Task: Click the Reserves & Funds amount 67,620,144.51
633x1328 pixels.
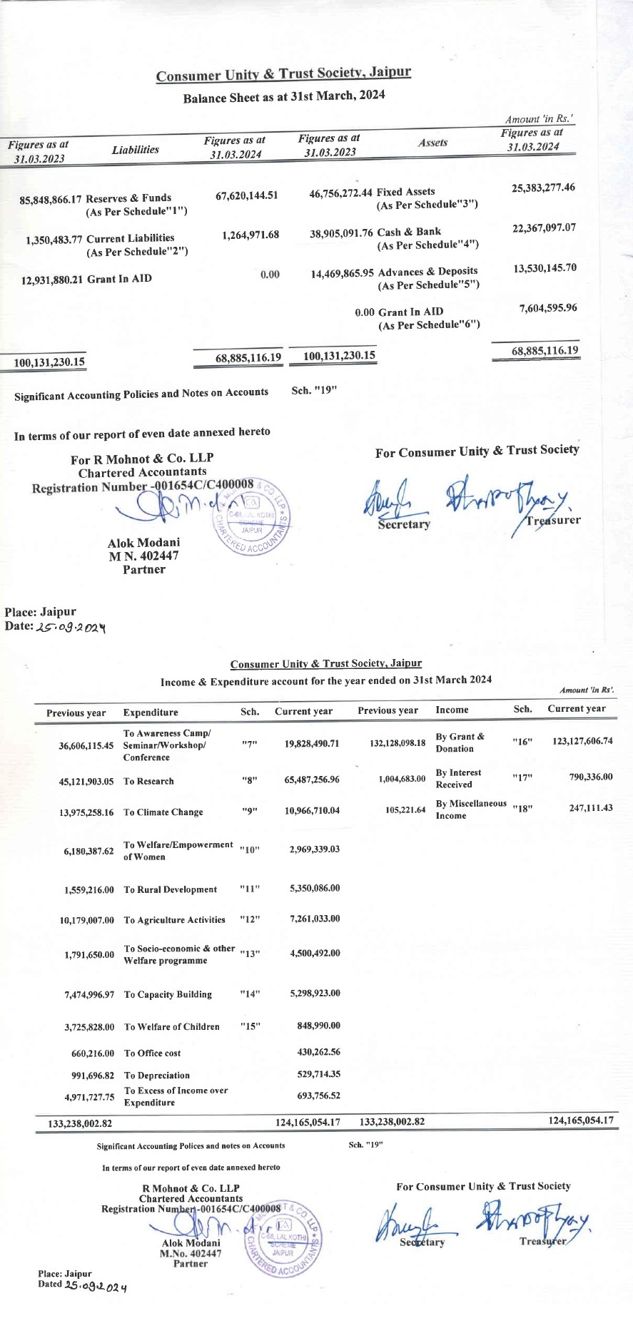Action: coord(246,195)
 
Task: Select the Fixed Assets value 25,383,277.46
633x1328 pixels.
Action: coord(543,188)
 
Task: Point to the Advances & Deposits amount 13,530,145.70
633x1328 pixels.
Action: coord(545,268)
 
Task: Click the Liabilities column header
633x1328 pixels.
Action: coord(135,150)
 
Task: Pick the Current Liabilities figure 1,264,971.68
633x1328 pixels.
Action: coord(250,235)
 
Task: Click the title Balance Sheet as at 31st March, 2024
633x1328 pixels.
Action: coord(283,97)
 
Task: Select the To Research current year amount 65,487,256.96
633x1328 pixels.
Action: coord(311,780)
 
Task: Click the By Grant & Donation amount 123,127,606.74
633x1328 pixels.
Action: coord(582,741)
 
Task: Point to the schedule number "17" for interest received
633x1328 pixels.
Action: coord(522,778)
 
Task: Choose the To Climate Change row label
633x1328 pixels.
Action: coord(163,812)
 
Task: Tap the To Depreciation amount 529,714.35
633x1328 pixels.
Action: coord(318,1074)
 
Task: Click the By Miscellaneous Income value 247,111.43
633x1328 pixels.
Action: coord(591,808)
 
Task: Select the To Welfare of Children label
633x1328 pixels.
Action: coord(171,1027)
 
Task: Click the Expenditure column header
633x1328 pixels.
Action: coord(151,712)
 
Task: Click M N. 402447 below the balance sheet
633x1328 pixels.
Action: coord(143,556)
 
